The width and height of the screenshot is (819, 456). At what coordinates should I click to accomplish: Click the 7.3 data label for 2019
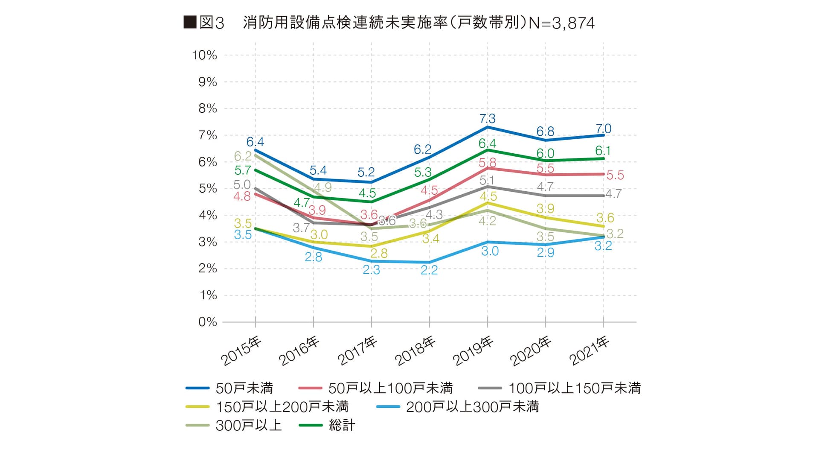pyautogui.click(x=487, y=119)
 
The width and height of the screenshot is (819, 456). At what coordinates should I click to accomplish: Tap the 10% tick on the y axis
pyautogui.click(x=205, y=55)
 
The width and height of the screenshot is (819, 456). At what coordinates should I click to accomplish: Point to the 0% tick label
pyautogui.click(x=208, y=322)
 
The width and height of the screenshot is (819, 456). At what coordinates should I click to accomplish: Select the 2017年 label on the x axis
pyautogui.click(x=357, y=351)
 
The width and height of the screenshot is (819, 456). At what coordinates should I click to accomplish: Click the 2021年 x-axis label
pyautogui.click(x=589, y=351)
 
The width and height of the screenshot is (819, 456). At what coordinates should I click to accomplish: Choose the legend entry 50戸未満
pyautogui.click(x=244, y=388)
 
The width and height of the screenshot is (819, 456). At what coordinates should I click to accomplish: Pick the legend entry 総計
pyautogui.click(x=342, y=425)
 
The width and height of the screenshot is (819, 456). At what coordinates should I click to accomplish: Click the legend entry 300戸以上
pyautogui.click(x=249, y=425)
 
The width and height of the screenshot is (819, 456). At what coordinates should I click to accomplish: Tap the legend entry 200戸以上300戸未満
pyautogui.click(x=472, y=407)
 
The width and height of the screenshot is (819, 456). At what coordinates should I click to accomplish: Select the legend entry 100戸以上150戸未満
pyautogui.click(x=574, y=388)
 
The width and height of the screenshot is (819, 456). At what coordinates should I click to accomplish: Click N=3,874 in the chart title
pyautogui.click(x=561, y=23)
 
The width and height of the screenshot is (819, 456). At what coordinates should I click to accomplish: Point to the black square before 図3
pyautogui.click(x=190, y=22)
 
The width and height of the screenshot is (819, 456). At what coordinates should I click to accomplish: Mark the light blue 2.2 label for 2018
pyautogui.click(x=429, y=270)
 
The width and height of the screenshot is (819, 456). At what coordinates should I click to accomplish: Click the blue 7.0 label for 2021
pyautogui.click(x=603, y=129)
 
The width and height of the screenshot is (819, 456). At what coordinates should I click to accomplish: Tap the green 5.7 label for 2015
pyautogui.click(x=243, y=170)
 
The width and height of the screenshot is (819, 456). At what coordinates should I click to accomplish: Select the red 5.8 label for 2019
pyautogui.click(x=487, y=163)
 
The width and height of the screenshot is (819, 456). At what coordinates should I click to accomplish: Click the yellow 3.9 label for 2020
pyautogui.click(x=545, y=208)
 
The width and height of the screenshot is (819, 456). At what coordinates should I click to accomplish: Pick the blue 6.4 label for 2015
pyautogui.click(x=255, y=142)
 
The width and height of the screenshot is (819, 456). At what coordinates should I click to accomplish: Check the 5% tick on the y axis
pyautogui.click(x=208, y=188)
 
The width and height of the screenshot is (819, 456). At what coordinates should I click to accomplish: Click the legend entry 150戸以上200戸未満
pyautogui.click(x=282, y=407)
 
